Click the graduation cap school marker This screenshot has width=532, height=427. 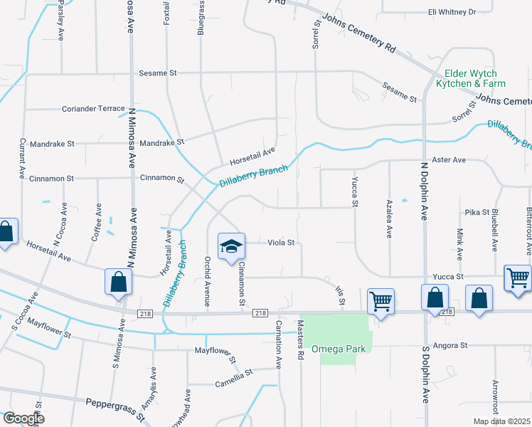(x=231, y=247)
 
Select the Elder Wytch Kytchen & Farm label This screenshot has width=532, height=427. (x=470, y=78)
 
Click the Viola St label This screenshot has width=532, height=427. (x=281, y=243)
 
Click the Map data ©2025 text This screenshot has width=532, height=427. (x=501, y=421)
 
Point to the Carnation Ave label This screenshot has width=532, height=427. (x=279, y=350)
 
